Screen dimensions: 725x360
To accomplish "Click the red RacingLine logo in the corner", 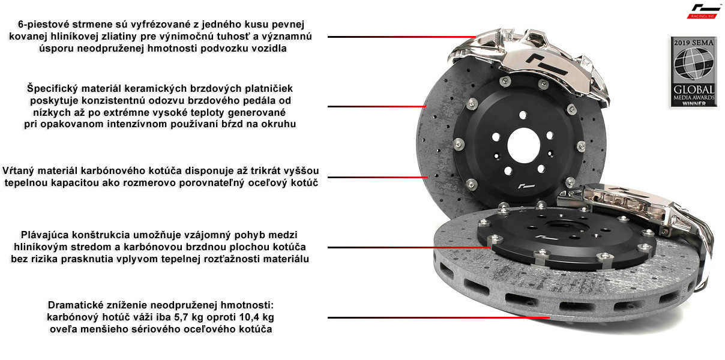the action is click(x=703, y=11).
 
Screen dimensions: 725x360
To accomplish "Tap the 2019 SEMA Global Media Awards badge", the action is click(x=694, y=71).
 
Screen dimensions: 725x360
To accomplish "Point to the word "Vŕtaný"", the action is click(x=18, y=171).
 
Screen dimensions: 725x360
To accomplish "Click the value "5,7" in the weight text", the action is click(x=181, y=317).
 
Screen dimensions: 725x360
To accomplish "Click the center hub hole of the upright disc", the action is click(x=523, y=145).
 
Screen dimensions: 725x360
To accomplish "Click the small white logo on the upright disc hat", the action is click(x=526, y=187).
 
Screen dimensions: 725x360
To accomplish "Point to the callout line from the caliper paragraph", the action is click(x=402, y=37).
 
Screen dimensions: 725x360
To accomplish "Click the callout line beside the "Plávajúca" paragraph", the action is click(x=409, y=247).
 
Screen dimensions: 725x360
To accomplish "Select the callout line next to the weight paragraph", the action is click(x=439, y=317).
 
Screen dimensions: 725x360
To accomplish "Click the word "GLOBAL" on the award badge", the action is click(x=694, y=89).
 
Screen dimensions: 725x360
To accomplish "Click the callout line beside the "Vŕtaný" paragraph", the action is click(x=378, y=177).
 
